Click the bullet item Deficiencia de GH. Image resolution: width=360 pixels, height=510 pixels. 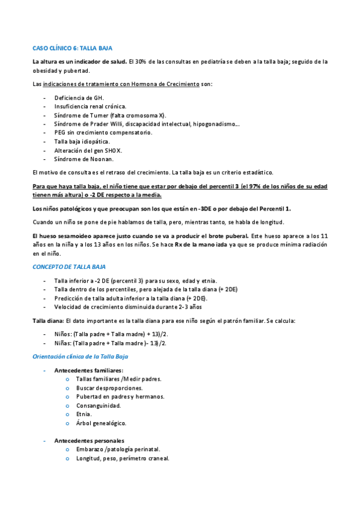tap(79, 97)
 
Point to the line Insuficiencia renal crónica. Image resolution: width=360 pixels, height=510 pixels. tap(90, 106)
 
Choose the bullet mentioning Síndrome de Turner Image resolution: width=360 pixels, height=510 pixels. tap(111, 115)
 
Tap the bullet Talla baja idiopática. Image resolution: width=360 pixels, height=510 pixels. tap(82, 142)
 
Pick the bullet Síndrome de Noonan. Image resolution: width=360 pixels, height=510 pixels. tap(84, 159)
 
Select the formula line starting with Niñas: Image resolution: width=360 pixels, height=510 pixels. tap(110, 343)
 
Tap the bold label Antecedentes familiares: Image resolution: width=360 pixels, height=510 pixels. tap(89, 370)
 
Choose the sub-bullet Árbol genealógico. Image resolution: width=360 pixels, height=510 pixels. tap(101, 423)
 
